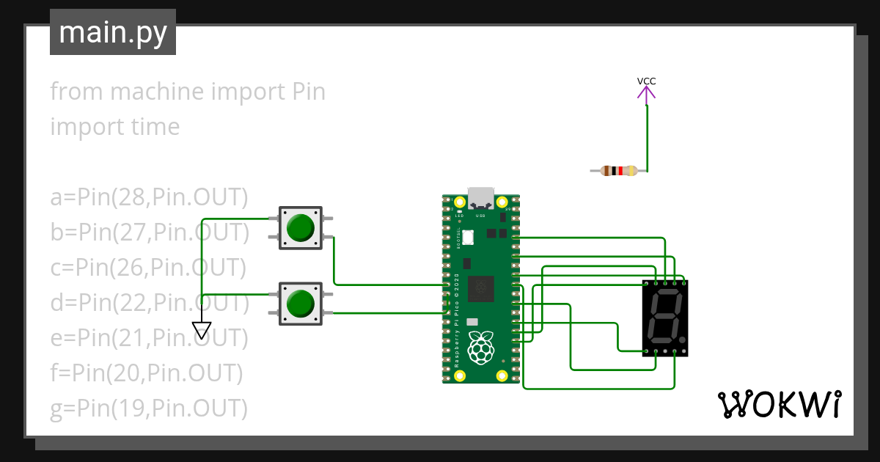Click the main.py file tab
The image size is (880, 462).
pos(112,32)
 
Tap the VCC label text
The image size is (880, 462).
pos(646,81)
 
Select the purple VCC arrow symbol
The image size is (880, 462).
pos(646,93)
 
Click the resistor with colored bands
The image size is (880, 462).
pos(618,171)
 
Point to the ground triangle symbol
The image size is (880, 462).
pos(202,331)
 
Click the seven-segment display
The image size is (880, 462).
pos(665,318)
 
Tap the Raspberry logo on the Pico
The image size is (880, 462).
pos(480,347)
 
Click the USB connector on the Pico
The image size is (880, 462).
pos(481,197)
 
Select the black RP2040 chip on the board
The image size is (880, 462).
pos(481,287)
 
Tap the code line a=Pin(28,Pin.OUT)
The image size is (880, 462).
pos(150,197)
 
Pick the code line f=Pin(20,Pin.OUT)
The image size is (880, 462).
pos(146,373)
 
